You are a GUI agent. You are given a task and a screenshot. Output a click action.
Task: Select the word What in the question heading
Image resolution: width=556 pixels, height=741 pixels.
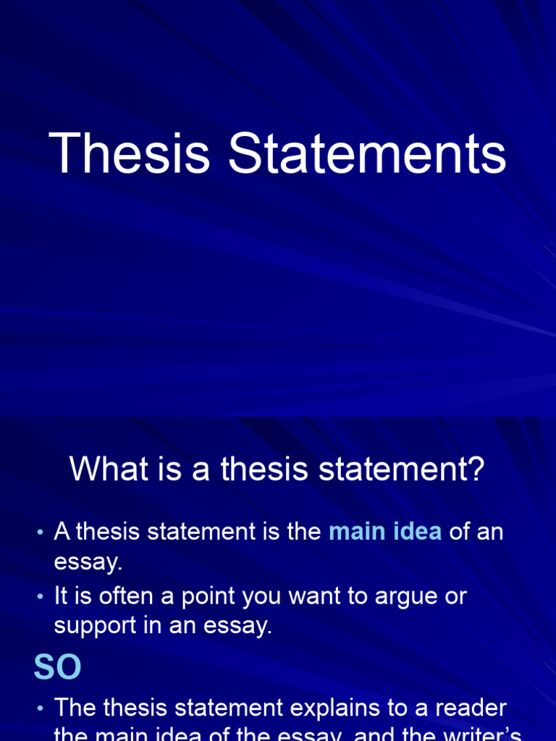(101, 470)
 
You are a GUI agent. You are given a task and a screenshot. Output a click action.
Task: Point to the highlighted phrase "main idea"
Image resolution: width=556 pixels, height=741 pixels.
(385, 532)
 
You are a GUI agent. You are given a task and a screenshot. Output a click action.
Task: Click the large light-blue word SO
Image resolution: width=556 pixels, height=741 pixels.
(57, 668)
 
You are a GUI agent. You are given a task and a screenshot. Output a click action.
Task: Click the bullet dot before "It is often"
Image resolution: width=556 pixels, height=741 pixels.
(40, 598)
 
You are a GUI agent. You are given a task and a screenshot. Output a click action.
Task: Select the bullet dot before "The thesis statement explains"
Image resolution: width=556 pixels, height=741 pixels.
(40, 708)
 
